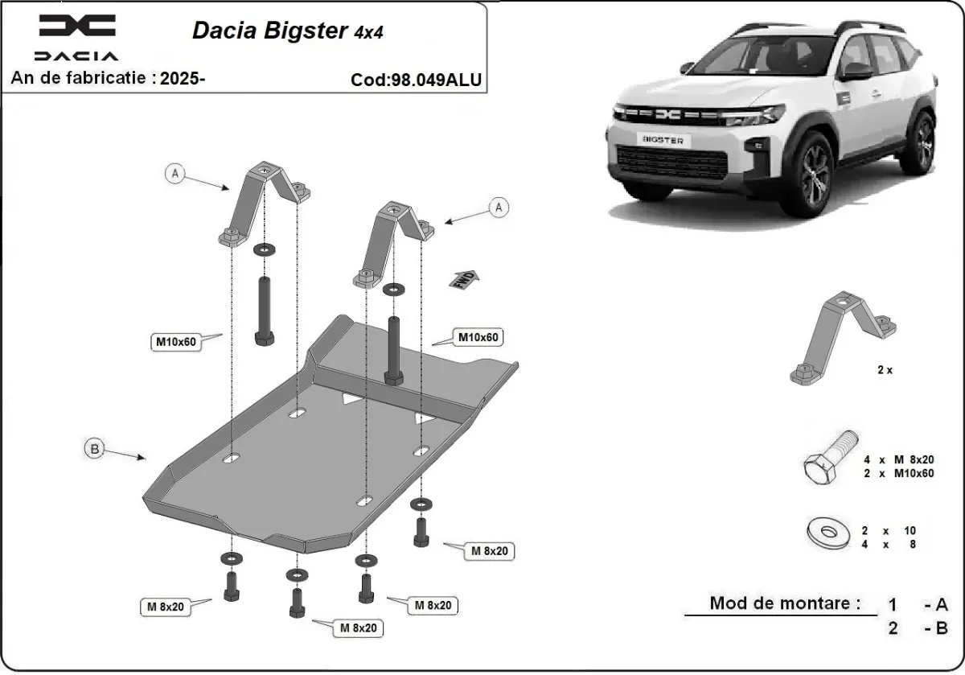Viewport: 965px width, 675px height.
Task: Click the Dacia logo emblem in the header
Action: (77, 27)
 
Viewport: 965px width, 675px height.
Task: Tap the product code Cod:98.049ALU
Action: (416, 80)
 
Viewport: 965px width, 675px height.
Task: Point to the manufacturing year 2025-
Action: (183, 78)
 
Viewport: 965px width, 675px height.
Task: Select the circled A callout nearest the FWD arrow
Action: (499, 207)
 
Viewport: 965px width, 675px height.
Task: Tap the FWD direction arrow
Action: (465, 278)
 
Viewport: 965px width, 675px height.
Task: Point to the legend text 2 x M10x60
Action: (897, 473)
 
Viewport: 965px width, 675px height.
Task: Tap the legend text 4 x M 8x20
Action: (897, 459)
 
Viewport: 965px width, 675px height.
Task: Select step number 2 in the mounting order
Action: (893, 628)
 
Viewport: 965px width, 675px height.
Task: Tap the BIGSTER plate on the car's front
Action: (663, 140)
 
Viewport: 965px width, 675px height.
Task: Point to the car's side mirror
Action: (857, 70)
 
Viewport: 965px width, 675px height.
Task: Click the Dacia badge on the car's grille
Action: (668, 115)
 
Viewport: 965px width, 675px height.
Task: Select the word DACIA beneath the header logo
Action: (76, 56)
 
